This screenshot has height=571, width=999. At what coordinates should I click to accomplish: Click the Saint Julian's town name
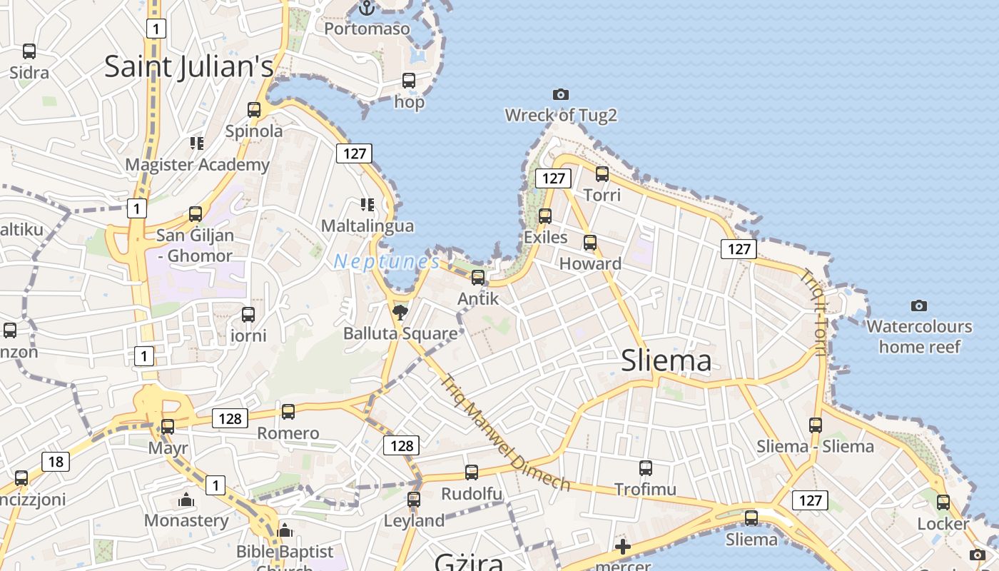(x=189, y=66)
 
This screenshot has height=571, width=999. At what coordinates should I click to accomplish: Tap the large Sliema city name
(x=666, y=361)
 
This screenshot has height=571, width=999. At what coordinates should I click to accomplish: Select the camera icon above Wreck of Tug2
(x=561, y=94)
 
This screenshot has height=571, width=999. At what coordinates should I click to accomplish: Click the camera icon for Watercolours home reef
(x=919, y=305)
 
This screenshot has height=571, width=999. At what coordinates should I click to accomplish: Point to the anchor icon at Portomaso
(x=367, y=9)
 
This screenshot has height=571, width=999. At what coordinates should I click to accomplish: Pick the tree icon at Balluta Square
(x=400, y=311)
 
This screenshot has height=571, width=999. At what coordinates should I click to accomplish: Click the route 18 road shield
(x=56, y=462)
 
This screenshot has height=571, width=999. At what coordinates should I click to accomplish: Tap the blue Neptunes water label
(x=387, y=262)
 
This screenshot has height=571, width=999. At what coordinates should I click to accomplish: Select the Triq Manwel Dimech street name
(x=505, y=433)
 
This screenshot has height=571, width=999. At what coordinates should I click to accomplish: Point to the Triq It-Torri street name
(x=814, y=312)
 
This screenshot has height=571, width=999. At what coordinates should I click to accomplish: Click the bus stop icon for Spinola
(x=254, y=110)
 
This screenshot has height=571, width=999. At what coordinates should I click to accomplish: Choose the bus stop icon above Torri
(x=602, y=173)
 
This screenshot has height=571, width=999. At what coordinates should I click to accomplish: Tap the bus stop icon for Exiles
(x=545, y=216)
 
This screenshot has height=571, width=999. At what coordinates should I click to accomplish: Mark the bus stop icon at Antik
(x=478, y=277)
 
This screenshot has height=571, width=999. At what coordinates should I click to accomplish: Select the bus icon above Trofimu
(x=646, y=468)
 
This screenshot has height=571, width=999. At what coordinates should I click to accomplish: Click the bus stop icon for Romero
(x=288, y=412)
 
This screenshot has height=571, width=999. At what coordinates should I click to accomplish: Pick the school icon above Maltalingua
(x=367, y=205)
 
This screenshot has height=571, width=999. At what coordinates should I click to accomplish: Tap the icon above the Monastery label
(x=186, y=500)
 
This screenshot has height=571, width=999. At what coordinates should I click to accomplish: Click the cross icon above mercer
(x=623, y=547)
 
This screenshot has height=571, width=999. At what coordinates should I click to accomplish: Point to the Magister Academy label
(x=198, y=165)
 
